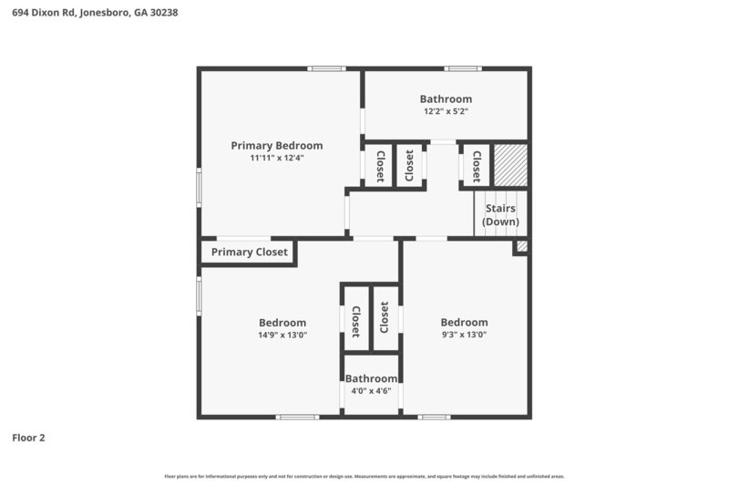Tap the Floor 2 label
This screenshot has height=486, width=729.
(x=28, y=438)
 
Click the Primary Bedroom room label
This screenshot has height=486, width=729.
(x=276, y=145)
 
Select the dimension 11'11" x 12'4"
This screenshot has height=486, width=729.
(x=276, y=158)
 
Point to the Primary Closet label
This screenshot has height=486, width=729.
(x=249, y=253)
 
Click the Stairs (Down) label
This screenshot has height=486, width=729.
(x=500, y=215)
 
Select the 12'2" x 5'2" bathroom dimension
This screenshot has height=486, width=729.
(x=446, y=112)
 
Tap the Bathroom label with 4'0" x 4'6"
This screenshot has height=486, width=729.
(x=371, y=378)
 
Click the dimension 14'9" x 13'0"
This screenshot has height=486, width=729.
(x=282, y=335)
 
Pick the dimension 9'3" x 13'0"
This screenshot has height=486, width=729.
(x=464, y=335)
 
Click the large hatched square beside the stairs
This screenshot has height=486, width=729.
(x=509, y=166)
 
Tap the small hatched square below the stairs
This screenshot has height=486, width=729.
(x=521, y=246)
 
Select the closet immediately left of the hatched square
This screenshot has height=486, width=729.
(x=476, y=166)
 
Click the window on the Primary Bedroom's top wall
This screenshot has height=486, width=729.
(x=326, y=68)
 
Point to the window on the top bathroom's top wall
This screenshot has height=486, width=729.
(x=463, y=68)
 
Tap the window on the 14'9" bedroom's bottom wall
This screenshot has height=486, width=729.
(x=297, y=417)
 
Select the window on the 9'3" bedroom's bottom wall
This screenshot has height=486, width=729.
(x=434, y=417)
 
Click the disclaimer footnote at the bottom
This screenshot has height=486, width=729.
(x=364, y=476)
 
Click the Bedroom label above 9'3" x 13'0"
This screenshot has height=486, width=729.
(x=464, y=322)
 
